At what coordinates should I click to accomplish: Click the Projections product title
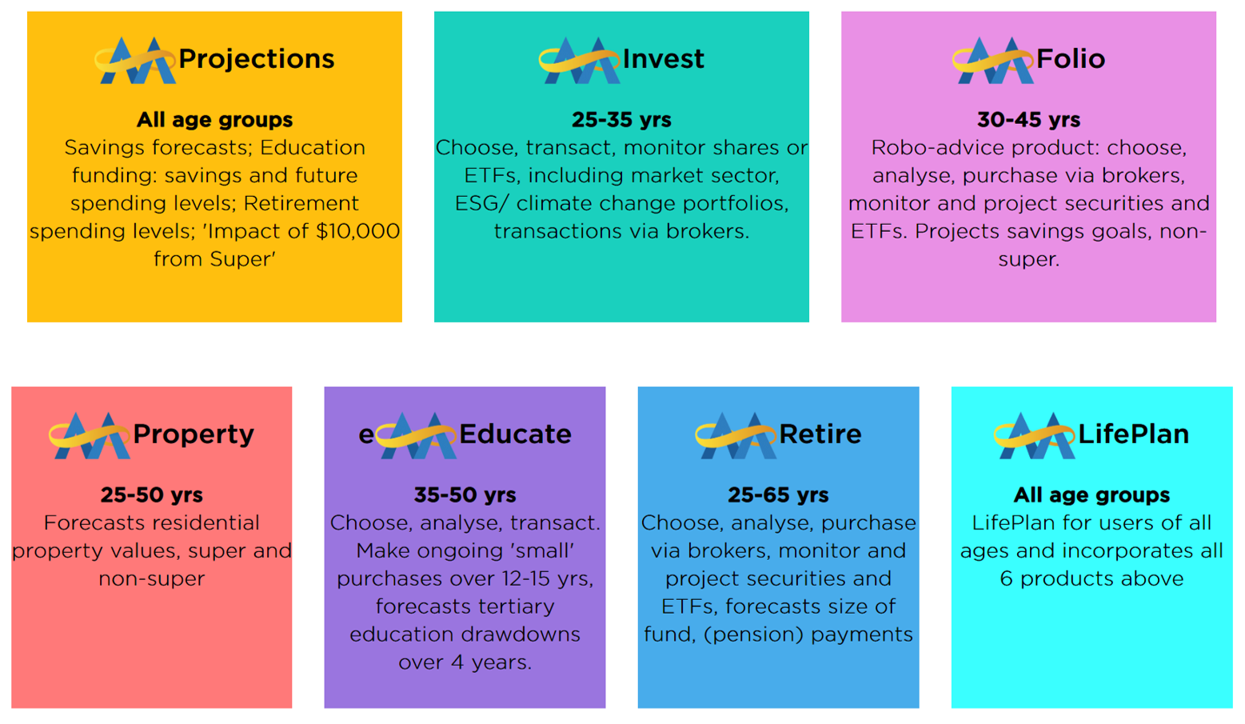(x=256, y=59)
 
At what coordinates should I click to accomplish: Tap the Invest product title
(x=663, y=59)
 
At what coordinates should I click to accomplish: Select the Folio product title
(x=1071, y=59)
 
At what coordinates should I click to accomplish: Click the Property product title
(x=194, y=434)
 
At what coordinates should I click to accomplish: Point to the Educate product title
(x=515, y=434)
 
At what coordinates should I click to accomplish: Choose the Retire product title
(x=820, y=434)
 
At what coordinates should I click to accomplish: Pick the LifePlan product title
(x=1133, y=434)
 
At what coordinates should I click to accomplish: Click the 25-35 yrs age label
(x=621, y=120)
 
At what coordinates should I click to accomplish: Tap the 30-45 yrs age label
(x=1028, y=120)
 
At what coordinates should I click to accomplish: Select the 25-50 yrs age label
(x=151, y=495)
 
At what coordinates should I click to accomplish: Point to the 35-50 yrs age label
(x=465, y=495)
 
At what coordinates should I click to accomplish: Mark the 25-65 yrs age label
(x=778, y=495)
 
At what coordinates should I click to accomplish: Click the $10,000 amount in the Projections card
(x=357, y=231)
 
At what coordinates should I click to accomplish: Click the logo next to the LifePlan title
(x=1035, y=436)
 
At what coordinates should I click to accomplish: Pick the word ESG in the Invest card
(x=477, y=204)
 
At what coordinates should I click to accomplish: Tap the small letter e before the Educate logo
(x=365, y=435)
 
